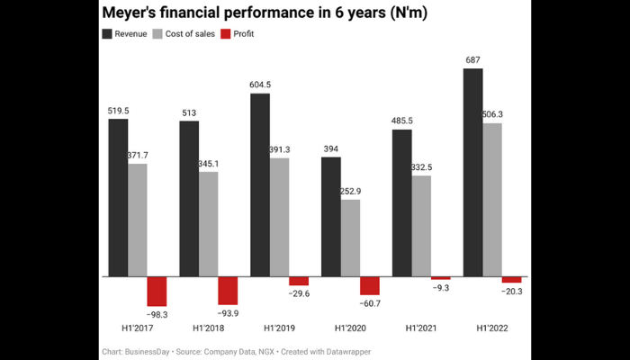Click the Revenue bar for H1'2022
(x=472, y=172)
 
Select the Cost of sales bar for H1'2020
(x=350, y=238)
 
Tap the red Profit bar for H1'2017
(x=157, y=291)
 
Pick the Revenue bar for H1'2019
(x=260, y=184)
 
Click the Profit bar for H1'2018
(x=228, y=290)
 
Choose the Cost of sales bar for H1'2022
(x=491, y=200)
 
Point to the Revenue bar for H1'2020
(x=331, y=216)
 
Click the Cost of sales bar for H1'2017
(x=138, y=220)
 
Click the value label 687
(x=472, y=60)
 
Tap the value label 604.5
(x=260, y=85)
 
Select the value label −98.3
(x=157, y=314)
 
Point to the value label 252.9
(x=350, y=191)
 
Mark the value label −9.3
(x=440, y=288)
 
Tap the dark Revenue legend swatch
(x=107, y=33)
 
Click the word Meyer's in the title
(x=135, y=13)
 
